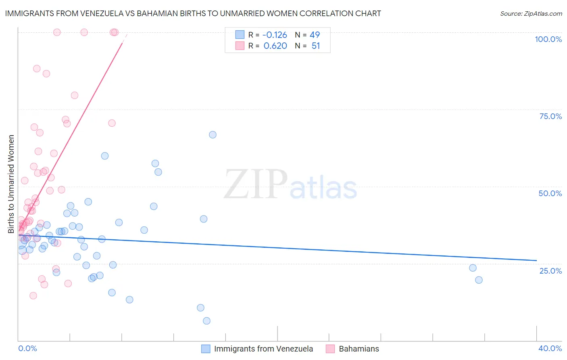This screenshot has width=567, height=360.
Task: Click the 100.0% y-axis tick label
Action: click(548, 39)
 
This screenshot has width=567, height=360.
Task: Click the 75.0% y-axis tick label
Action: click(550, 116)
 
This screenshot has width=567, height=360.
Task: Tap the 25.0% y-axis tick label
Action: click(550, 270)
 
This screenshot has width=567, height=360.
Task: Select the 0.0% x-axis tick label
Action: click(27, 348)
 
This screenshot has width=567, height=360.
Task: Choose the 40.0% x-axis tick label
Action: click(550, 348)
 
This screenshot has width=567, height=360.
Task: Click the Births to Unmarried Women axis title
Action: click(11, 184)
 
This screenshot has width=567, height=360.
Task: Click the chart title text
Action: click(193, 13)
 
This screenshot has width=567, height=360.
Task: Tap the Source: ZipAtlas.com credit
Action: click(531, 13)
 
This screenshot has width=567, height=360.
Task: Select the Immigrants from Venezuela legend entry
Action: click(263, 349)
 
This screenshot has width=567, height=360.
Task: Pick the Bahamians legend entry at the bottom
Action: click(359, 349)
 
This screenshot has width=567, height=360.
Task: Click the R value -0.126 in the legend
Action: click(275, 35)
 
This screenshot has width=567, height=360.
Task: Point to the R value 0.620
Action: click(275, 46)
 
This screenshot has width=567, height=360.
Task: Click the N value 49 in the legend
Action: click(315, 35)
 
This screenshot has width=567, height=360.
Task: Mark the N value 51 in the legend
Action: click(315, 46)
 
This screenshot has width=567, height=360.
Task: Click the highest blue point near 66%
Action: click(213, 135)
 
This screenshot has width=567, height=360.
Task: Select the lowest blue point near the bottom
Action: click(206, 321)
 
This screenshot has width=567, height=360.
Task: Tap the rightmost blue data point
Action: click(479, 280)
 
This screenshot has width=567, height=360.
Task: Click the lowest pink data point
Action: click(33, 295)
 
